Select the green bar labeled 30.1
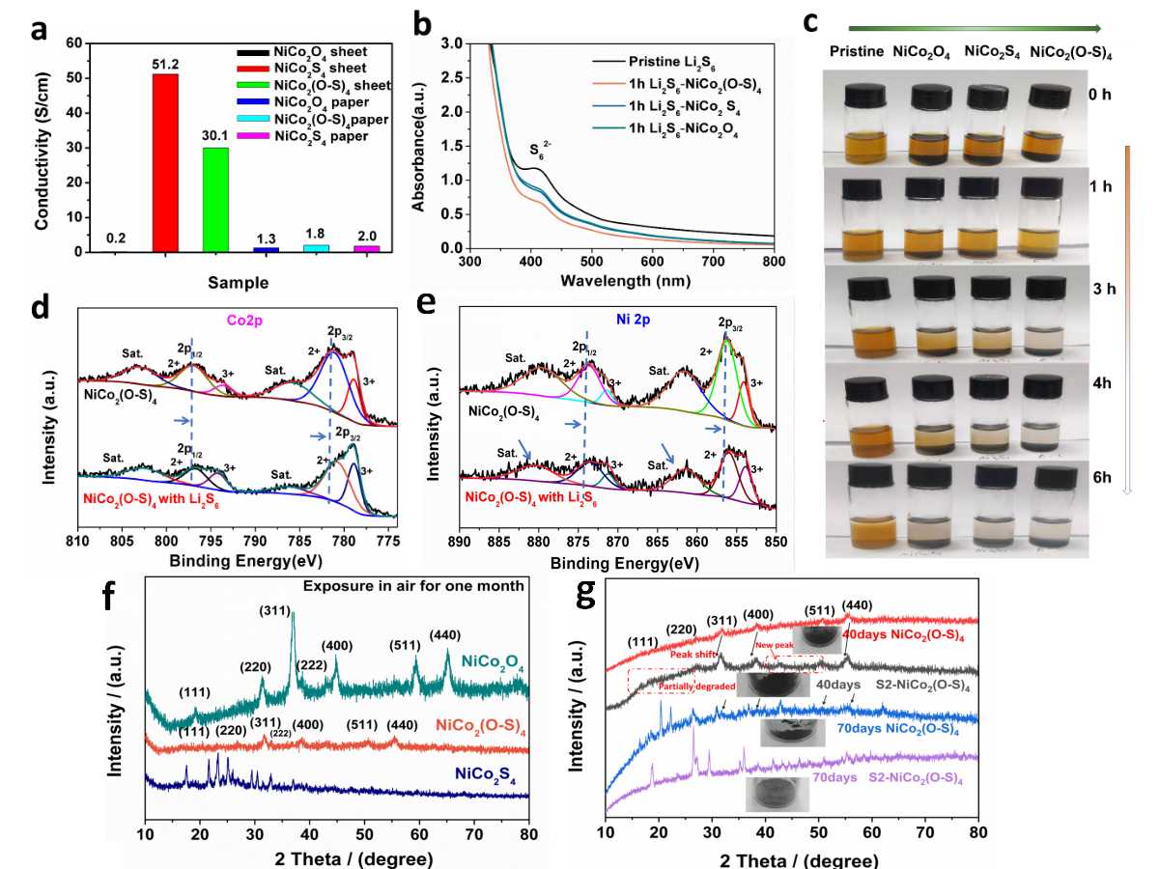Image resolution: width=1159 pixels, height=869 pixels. tap(215, 199)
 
